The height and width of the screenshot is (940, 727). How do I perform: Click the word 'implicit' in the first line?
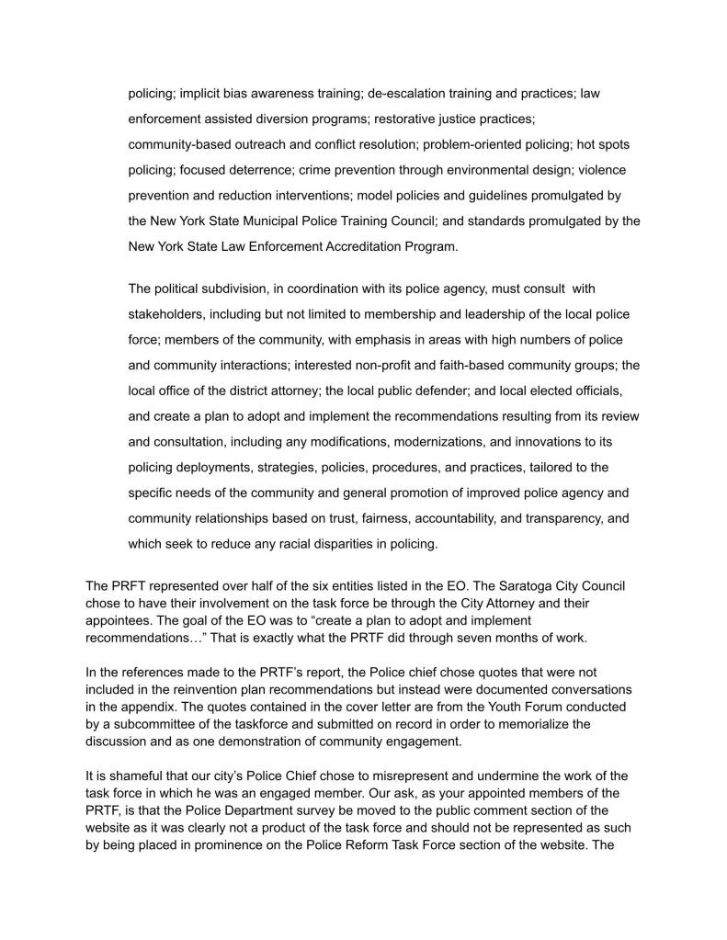coord(199,94)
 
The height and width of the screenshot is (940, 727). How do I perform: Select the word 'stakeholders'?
coord(167,314)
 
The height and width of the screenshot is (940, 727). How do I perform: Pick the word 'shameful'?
coord(126,776)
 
